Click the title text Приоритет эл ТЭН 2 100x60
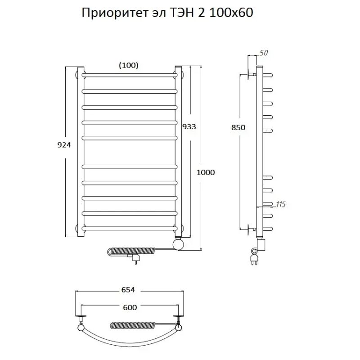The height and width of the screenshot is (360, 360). click(x=167, y=13)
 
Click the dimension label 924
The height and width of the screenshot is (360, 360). click(x=64, y=145)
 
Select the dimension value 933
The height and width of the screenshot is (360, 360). click(x=189, y=126)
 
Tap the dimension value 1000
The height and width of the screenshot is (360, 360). click(x=206, y=172)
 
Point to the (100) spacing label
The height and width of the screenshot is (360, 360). click(x=129, y=65)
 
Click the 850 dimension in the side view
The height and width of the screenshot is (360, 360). click(x=238, y=127)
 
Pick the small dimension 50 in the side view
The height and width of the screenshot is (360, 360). click(x=263, y=53)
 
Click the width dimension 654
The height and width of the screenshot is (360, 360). click(x=128, y=290)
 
